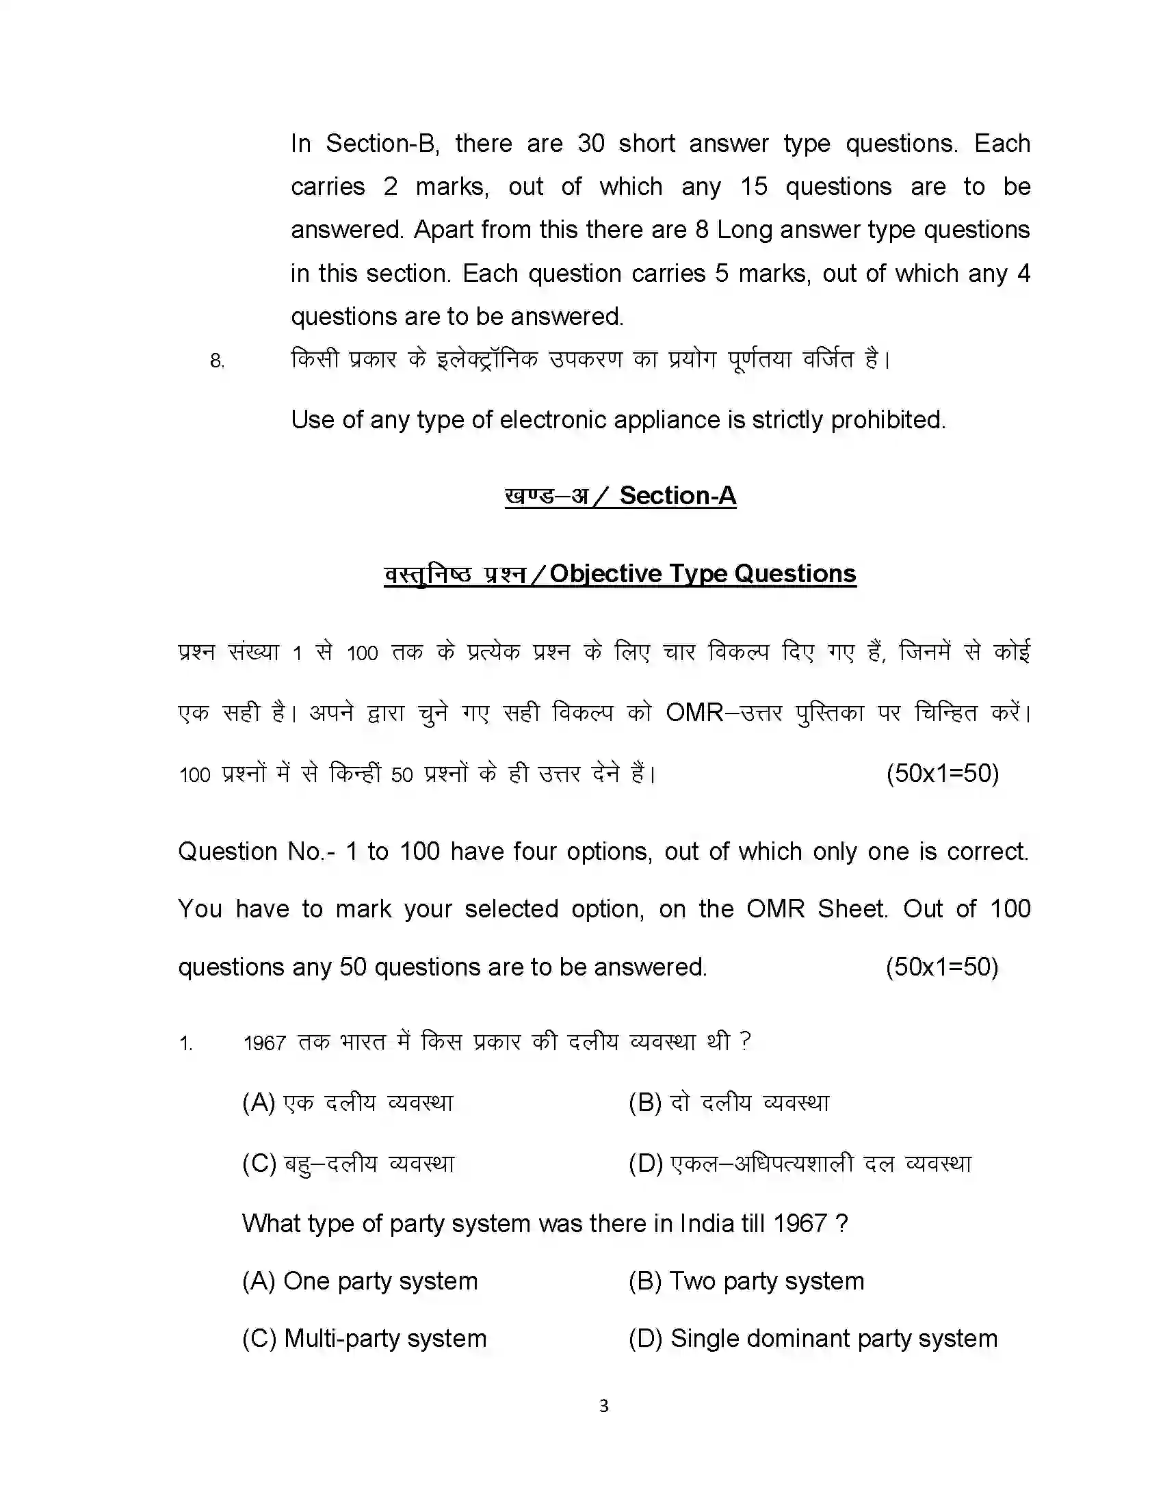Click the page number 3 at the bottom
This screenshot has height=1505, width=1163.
603,1405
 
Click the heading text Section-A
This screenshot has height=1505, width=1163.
677,495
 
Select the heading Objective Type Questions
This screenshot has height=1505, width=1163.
702,573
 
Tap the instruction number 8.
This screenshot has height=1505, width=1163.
217,361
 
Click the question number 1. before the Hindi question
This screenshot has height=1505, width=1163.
185,1043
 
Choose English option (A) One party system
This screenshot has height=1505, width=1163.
360,1281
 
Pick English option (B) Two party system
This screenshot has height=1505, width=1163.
746,1281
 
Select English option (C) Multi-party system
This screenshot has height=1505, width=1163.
364,1338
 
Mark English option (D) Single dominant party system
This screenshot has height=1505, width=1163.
813,1338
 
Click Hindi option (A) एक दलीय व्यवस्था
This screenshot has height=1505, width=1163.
348,1103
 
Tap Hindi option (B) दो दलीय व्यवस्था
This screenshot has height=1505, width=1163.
729,1103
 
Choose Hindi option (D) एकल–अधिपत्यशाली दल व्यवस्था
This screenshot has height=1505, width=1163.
799,1163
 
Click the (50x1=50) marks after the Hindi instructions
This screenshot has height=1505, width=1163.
942,773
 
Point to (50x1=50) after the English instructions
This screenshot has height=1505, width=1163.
942,967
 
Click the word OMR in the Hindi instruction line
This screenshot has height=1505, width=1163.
694,713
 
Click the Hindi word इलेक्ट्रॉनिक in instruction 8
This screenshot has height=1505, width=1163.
487,359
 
